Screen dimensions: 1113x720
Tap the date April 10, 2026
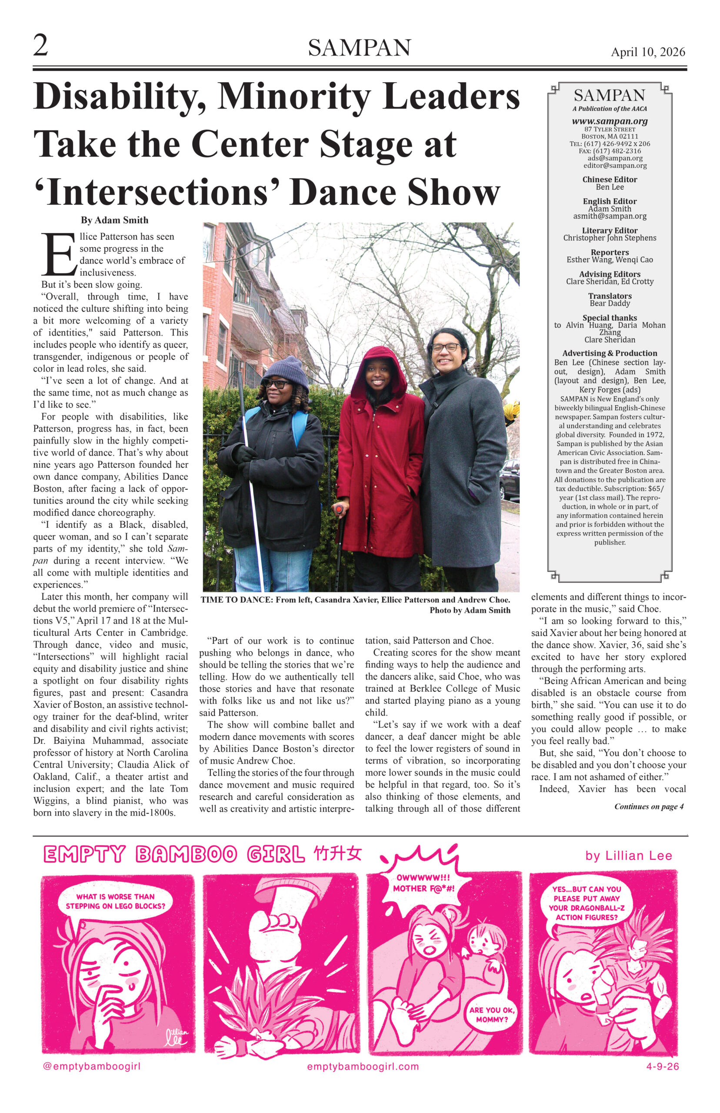coord(647,52)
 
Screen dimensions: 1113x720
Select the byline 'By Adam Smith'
coord(114,220)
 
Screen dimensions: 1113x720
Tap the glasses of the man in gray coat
coord(445,347)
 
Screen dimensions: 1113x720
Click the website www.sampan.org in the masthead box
coord(610,121)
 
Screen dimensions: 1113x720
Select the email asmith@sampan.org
coord(610,216)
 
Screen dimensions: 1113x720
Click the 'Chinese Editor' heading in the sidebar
coord(610,180)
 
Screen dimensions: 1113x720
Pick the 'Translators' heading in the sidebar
coord(610,296)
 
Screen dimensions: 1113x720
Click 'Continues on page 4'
coord(648,806)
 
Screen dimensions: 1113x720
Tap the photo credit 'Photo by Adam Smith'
coord(470,610)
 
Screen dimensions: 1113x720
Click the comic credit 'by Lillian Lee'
coord(628,856)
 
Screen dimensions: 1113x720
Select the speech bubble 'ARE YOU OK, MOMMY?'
coord(492,1014)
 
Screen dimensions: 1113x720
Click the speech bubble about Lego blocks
coord(115,901)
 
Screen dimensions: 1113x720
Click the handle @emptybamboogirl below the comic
coord(92,1066)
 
